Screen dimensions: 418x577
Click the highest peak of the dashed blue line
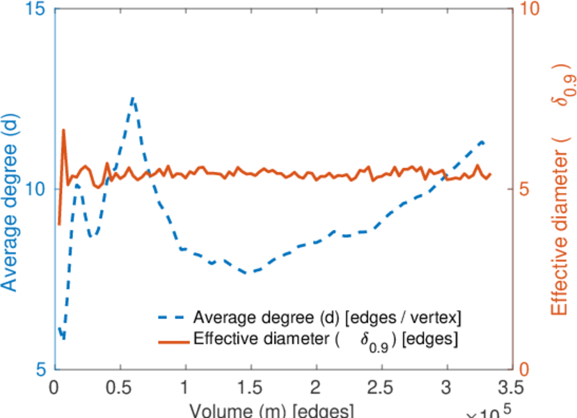pyautogui.click(x=133, y=98)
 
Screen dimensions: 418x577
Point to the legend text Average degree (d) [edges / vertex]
pyautogui.click(x=327, y=318)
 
